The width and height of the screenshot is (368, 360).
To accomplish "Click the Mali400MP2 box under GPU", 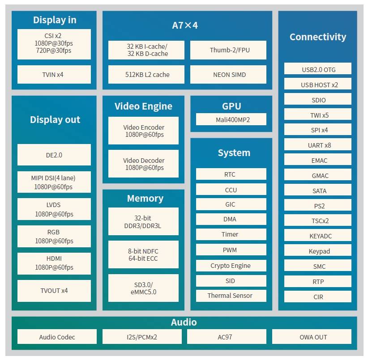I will click(x=231, y=119).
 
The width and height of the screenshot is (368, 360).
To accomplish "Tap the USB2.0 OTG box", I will click(x=317, y=69).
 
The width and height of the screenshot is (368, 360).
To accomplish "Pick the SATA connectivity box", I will click(x=317, y=191).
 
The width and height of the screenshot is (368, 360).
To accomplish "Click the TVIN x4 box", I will click(x=54, y=75).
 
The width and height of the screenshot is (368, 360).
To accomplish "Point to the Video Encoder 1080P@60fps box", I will click(x=143, y=131).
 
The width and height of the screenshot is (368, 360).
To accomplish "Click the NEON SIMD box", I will click(x=228, y=75).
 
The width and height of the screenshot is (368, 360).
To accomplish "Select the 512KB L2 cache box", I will click(x=146, y=75).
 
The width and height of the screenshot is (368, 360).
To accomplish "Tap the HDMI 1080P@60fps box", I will click(x=54, y=263).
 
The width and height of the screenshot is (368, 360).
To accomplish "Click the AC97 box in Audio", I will click(x=225, y=337).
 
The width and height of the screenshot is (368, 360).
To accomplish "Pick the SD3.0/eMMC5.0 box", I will click(x=143, y=288).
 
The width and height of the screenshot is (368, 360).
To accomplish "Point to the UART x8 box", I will click(x=317, y=145).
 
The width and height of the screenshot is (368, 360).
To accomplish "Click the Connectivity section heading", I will click(x=317, y=37).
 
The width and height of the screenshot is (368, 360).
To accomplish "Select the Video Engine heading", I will click(x=143, y=106).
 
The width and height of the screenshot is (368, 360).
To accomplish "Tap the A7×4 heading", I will click(x=185, y=25).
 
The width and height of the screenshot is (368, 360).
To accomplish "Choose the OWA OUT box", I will click(x=312, y=337).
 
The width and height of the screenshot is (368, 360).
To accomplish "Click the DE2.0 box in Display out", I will click(x=54, y=155).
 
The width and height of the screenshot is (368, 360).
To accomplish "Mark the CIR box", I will click(x=317, y=296).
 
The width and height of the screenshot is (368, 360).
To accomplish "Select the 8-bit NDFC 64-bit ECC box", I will click(x=143, y=255).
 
